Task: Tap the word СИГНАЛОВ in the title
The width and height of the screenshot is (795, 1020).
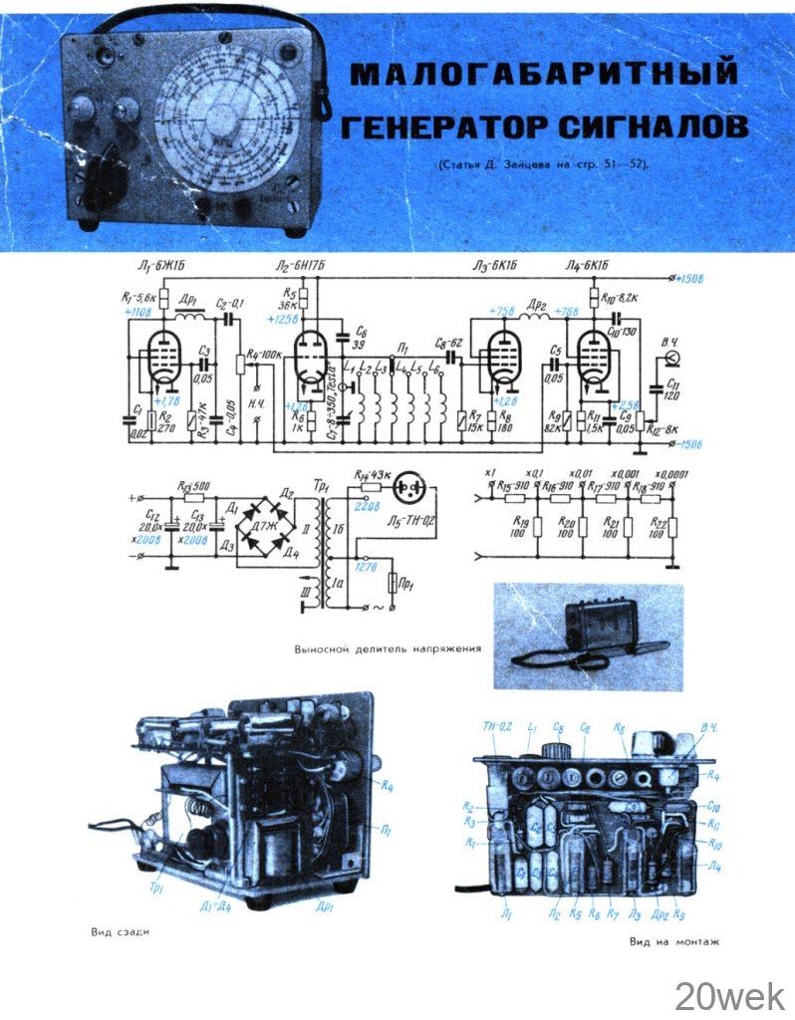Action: point(654,127)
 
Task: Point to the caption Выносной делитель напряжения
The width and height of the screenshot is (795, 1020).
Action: point(388,648)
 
